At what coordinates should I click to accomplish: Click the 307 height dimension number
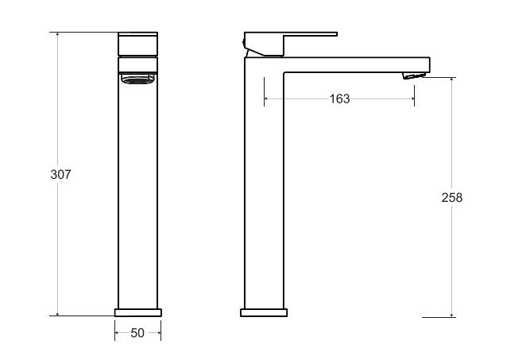[x=61, y=174]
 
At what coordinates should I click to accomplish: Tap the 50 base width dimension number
[x=137, y=333]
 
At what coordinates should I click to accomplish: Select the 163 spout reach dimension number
[x=339, y=99]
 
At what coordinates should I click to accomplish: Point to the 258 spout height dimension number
[x=452, y=197]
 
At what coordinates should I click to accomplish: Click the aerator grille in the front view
[x=138, y=79]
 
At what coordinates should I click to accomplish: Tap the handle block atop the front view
[x=138, y=44]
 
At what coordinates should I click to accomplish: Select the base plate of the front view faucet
[x=138, y=312]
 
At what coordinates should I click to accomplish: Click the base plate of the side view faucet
[x=264, y=312]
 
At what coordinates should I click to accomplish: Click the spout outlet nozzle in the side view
[x=414, y=75]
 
